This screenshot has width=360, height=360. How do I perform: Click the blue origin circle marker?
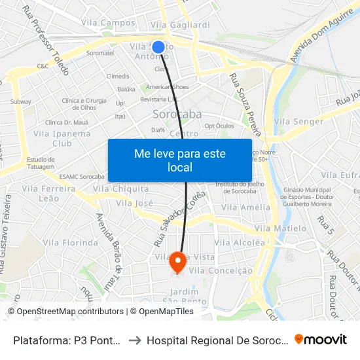pos(158,47)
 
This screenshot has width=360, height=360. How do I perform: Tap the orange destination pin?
pos(177,262)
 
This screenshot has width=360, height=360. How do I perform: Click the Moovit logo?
pos(321,340)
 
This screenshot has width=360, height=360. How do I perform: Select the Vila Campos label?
pos(109,23)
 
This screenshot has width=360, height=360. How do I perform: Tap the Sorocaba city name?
pos(177,115)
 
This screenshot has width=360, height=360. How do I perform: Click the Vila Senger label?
pos(299,122)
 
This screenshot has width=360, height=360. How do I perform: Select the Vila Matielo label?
pos(281,228)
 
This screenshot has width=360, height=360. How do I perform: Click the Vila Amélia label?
pos(246,207)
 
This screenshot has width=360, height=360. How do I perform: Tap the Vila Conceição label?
pos(221,270)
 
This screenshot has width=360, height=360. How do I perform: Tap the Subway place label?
pos(20,101)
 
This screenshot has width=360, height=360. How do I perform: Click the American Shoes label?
pos(167,87)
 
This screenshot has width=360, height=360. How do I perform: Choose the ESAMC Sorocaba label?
pos(82,177)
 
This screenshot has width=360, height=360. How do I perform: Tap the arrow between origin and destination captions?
pos(133,340)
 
